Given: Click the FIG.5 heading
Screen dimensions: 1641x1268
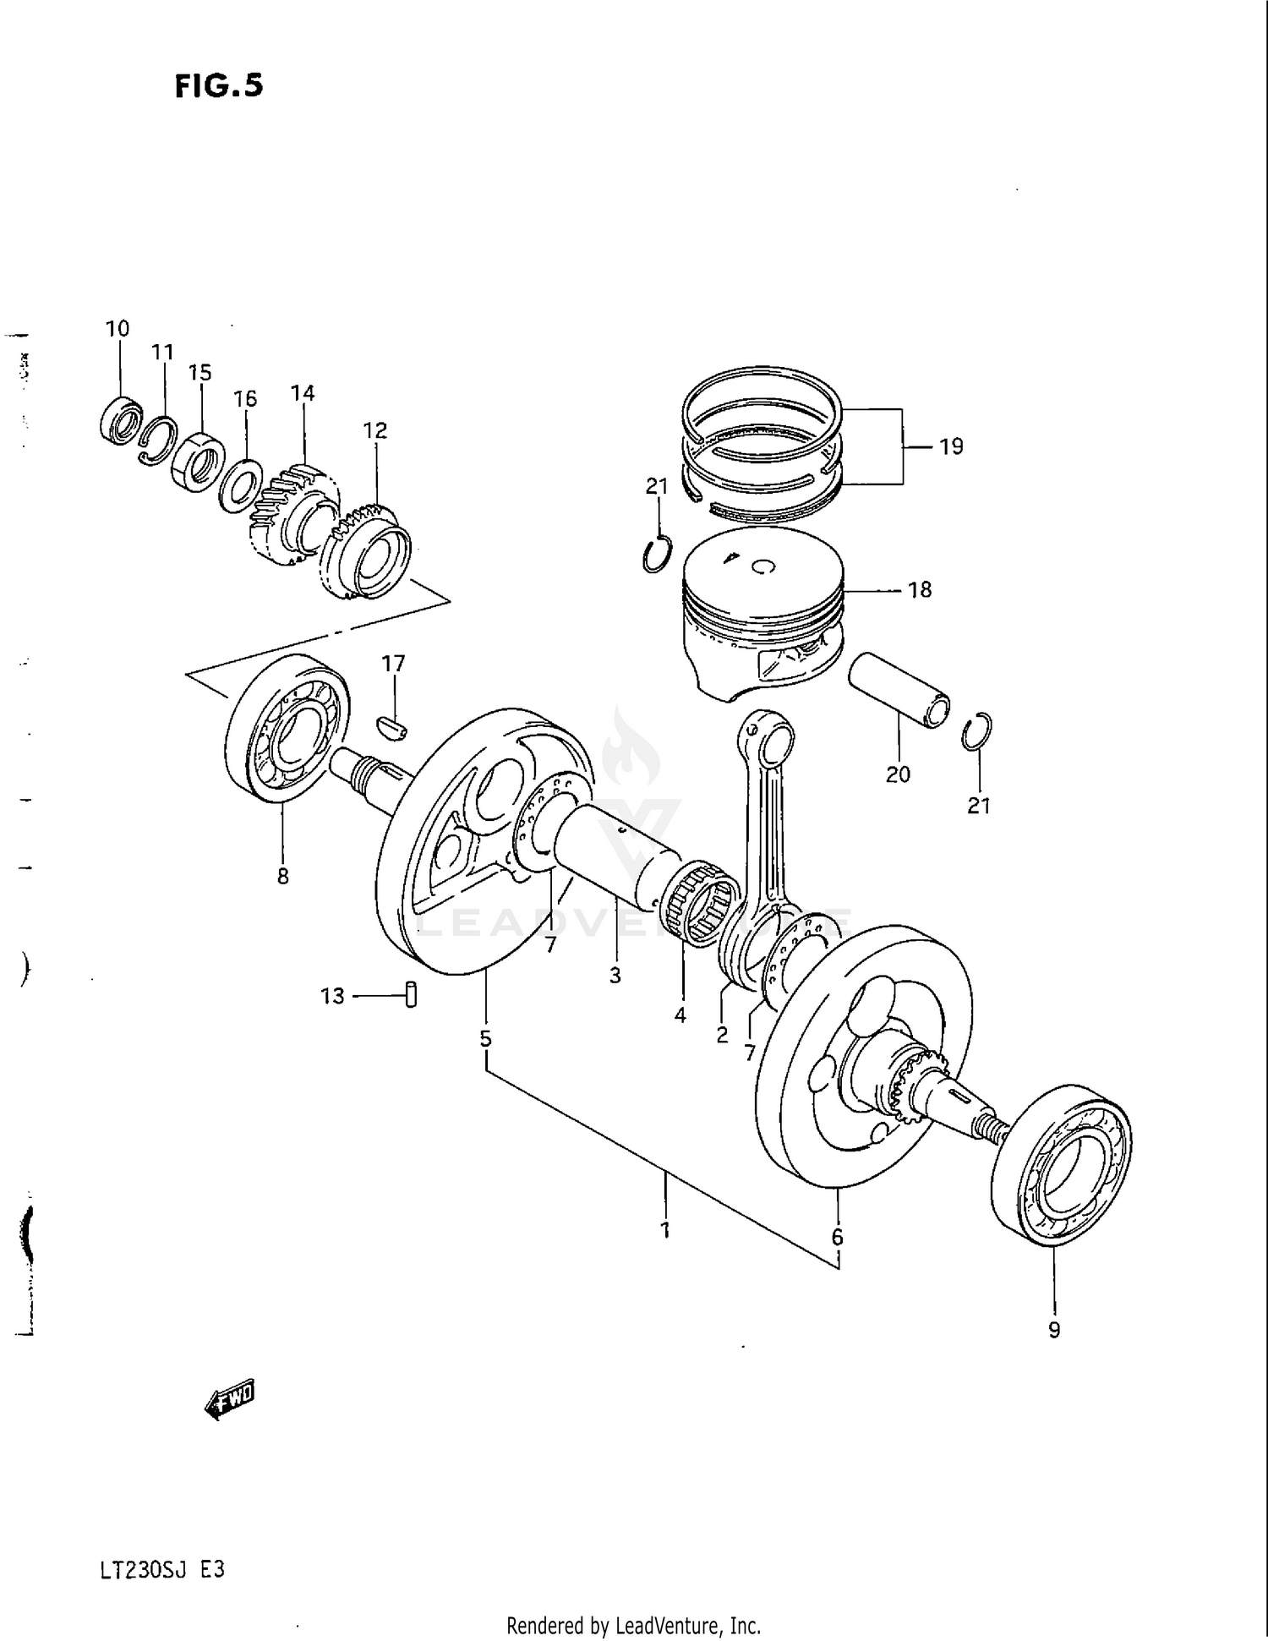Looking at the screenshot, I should tap(219, 85).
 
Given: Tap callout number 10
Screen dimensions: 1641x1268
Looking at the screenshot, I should tap(118, 329).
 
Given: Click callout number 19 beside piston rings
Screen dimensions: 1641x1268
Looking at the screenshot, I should tap(951, 446).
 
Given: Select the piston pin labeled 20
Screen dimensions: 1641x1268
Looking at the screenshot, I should tap(899, 690).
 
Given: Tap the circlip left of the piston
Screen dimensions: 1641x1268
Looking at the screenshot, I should tap(657, 554).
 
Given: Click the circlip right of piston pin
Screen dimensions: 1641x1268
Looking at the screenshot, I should tap(976, 731).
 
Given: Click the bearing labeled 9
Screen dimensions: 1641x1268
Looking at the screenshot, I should tap(1062, 1165).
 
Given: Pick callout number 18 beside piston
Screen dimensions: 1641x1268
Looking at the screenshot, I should tap(919, 589).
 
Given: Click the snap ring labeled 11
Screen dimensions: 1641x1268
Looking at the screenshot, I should tap(158, 440).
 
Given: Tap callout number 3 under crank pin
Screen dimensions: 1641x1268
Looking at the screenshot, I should tap(615, 975).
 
